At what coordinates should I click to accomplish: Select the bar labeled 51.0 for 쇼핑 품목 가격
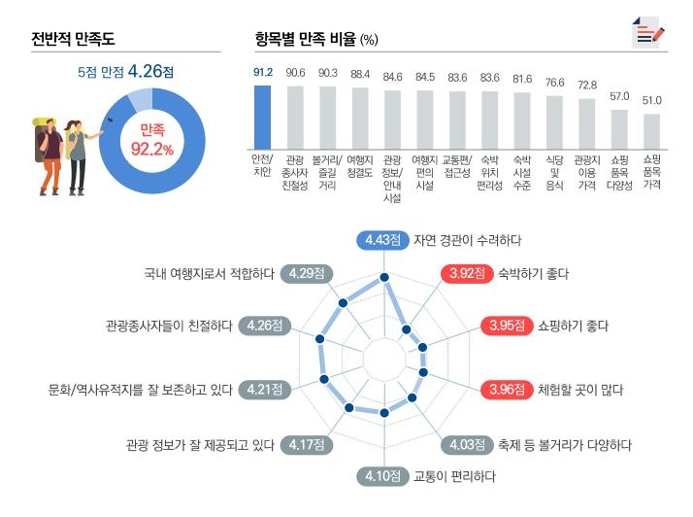click(652, 128)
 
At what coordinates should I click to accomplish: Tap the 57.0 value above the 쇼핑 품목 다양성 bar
click(619, 96)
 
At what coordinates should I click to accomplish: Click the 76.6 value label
click(554, 84)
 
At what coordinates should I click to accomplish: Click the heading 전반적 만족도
click(73, 40)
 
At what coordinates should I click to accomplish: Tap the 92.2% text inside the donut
click(151, 149)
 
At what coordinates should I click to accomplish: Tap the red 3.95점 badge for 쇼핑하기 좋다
click(505, 325)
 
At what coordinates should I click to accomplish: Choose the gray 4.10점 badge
click(383, 476)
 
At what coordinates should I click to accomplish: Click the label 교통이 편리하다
click(454, 476)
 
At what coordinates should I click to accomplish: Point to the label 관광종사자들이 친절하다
click(169, 325)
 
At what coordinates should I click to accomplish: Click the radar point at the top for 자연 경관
click(384, 278)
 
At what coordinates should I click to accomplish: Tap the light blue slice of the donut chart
click(139, 98)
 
